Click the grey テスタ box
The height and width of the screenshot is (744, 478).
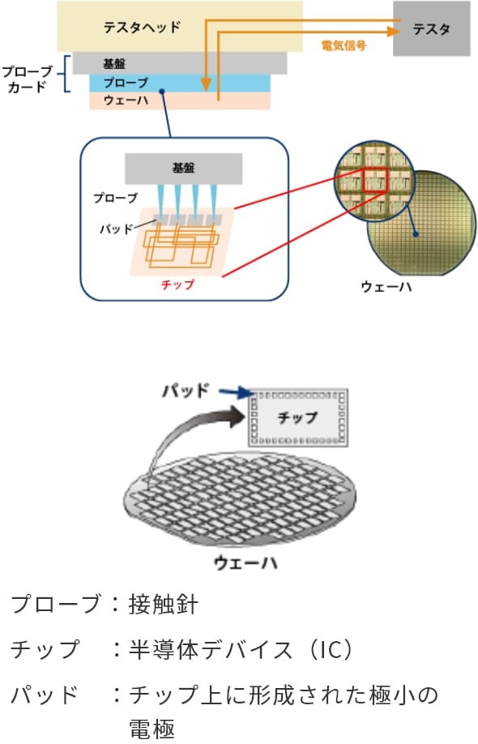pos(432,28)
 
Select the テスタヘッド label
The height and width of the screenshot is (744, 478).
pos(142,27)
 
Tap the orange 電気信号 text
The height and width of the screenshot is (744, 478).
pos(344,46)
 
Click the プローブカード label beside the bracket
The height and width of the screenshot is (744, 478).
pos(28,79)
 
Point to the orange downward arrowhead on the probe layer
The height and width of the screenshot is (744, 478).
pos(206,84)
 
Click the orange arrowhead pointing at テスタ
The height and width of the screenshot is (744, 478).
pos(394,32)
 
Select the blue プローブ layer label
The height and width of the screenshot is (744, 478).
pos(126,83)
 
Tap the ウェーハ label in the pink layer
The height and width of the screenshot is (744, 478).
pos(126,100)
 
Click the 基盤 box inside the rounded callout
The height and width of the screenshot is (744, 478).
pos(184,169)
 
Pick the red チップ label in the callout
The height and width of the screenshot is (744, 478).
pos(177,284)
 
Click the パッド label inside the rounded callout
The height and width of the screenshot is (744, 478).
pos(116,229)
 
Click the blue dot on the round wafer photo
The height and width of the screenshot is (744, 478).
pos(416,234)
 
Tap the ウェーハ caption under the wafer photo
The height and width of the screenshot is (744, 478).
pos(386,287)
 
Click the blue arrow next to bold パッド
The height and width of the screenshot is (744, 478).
pos(236,392)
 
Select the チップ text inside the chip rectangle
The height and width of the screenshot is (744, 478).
pos(297,417)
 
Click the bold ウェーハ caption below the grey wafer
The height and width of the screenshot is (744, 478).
pos(245,562)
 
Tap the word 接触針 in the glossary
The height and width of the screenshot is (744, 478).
pos(163,605)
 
